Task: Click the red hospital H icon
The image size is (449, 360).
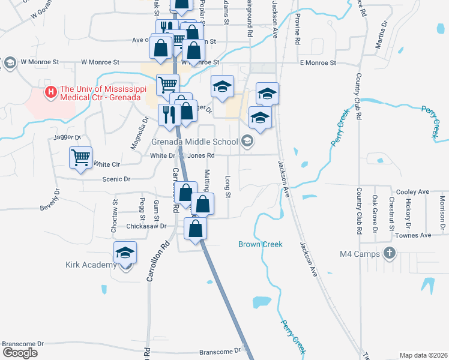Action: tap(51, 93)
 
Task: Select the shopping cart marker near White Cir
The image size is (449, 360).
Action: tap(80, 158)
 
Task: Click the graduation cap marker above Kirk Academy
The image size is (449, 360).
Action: tap(125, 253)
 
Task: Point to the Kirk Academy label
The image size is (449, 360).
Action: tap(91, 265)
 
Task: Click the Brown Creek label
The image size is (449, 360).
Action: tap(260, 244)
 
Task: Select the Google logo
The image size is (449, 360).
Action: tap(20, 353)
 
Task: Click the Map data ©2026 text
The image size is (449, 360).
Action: tap(423, 355)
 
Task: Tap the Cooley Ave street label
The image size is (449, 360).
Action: tap(415, 192)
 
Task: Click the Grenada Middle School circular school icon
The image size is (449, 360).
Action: tap(247, 142)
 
